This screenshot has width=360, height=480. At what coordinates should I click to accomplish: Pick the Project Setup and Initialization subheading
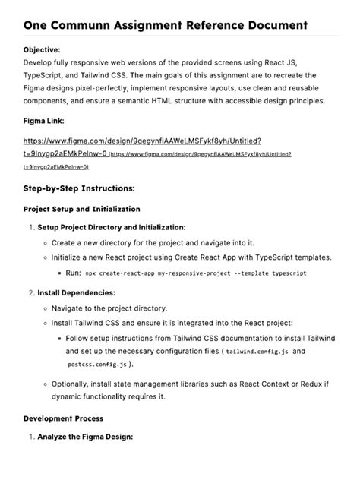click(x=81, y=209)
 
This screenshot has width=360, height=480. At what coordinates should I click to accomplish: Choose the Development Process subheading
click(x=63, y=418)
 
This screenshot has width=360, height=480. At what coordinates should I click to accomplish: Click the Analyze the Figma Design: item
click(x=85, y=437)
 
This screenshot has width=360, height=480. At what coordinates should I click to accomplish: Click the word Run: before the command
click(x=73, y=272)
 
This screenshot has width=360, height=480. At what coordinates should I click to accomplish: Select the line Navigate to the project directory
click(x=109, y=308)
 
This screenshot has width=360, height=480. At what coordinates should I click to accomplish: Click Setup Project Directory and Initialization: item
click(x=111, y=227)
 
